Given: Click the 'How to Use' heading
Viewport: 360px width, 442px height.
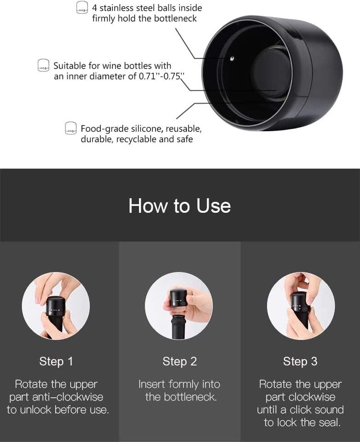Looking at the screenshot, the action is point(180,205).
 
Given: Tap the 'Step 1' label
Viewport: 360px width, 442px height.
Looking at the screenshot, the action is point(56,361).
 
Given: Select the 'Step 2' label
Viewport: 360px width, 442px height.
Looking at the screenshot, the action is point(180,361).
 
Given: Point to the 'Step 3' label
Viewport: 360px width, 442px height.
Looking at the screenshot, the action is point(300,361).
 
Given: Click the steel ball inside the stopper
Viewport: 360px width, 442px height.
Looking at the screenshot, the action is point(232,58).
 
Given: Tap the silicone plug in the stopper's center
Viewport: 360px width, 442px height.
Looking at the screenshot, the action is point(271,72).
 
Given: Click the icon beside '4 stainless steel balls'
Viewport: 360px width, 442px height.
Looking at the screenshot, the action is point(82,8).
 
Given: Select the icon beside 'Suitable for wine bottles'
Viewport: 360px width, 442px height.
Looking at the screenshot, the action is point(43,65).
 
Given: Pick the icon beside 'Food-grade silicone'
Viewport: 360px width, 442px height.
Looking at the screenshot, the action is point(71,128).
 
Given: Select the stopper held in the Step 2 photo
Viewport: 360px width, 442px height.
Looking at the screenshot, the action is point(178,298).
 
